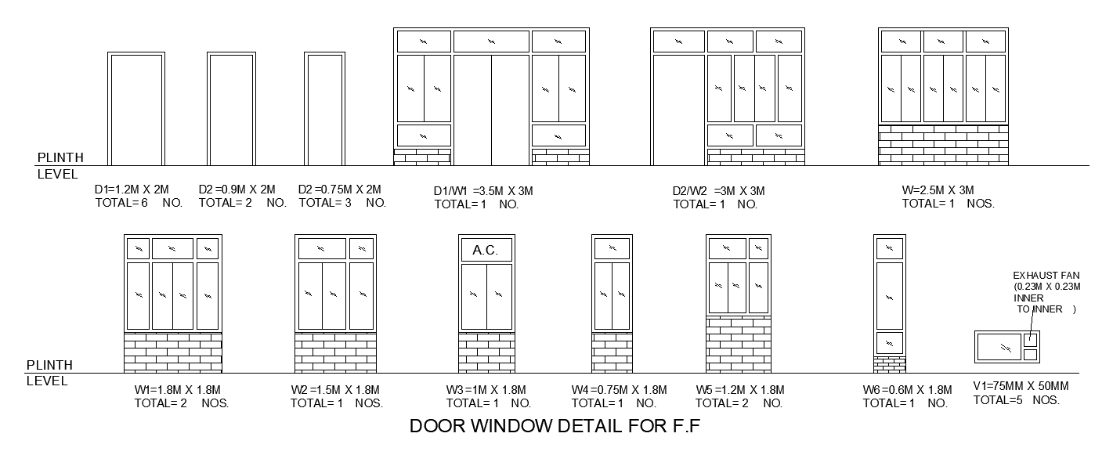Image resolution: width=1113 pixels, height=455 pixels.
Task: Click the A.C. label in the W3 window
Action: click(486, 251)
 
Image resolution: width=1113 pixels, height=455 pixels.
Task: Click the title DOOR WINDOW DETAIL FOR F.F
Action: click(555, 428)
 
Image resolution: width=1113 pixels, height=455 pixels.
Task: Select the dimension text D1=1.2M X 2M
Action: click(132, 190)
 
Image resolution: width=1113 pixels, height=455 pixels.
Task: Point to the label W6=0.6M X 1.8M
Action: click(907, 390)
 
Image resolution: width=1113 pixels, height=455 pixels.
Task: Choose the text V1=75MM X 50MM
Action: click(1021, 386)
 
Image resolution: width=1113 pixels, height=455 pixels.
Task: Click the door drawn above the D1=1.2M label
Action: click(136, 109)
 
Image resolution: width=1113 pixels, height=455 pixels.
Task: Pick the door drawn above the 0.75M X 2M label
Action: click(324, 109)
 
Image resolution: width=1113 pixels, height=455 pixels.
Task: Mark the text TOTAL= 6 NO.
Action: click(139, 203)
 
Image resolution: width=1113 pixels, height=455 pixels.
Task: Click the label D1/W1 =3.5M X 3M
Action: click(483, 191)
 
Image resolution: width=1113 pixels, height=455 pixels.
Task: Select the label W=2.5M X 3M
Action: click(938, 190)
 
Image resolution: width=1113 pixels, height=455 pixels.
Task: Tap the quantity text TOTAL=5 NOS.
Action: click(1016, 399)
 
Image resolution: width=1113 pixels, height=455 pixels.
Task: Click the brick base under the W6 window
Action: click(889, 365)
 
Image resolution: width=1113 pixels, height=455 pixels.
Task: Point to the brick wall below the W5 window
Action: click(738, 345)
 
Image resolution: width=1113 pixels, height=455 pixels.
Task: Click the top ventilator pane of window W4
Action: click(611, 249)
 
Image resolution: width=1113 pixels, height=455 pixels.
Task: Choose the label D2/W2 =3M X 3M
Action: click(718, 191)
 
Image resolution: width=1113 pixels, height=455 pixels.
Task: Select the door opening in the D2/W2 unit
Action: click(678, 110)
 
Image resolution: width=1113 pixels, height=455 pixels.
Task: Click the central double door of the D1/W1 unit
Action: click(491, 110)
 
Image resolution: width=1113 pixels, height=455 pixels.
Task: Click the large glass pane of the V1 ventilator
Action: click(999, 346)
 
